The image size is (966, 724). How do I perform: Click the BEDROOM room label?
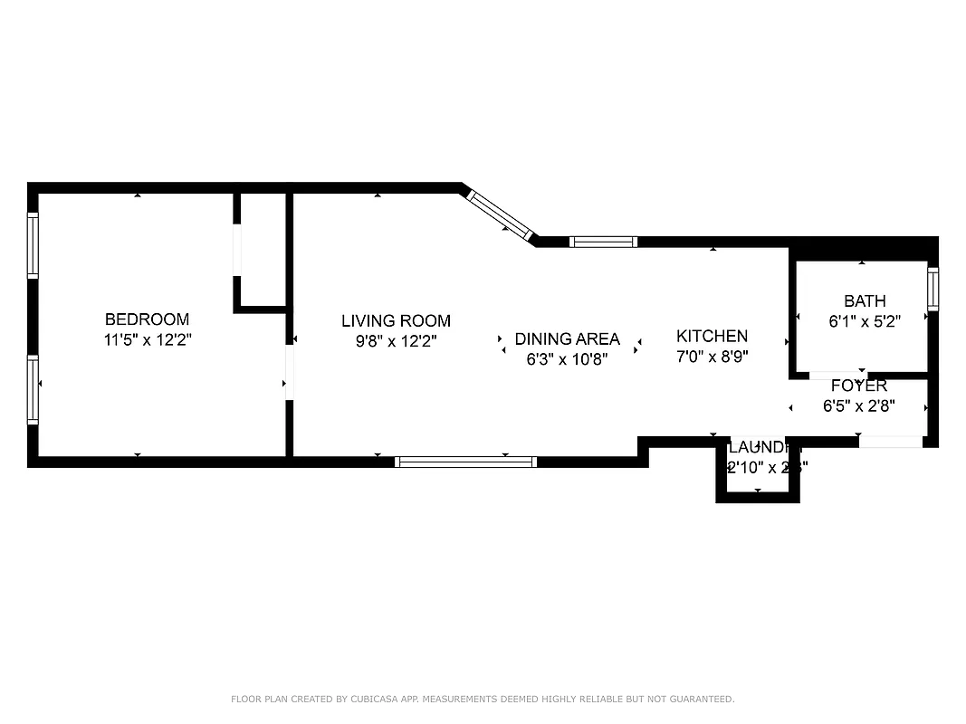[x=147, y=319]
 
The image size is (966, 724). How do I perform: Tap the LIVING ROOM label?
[x=396, y=321]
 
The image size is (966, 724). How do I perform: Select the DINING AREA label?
[x=567, y=339]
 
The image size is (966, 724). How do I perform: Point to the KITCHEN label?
[x=712, y=337]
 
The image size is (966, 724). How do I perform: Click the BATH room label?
[x=864, y=301]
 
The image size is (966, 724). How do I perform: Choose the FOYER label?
[x=858, y=386]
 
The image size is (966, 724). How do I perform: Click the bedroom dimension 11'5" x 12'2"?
[x=147, y=340]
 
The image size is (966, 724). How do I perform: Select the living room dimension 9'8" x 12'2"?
[x=396, y=341]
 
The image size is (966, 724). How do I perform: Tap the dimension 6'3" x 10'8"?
[x=567, y=359]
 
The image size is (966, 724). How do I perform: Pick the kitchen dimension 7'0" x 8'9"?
[x=712, y=357]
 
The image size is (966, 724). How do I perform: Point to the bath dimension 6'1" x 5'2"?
[x=864, y=321]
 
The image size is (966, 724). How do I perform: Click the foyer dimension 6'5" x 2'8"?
[x=858, y=406]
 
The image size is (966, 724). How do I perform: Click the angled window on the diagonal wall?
[x=499, y=215]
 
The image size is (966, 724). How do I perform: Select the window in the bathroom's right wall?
[x=933, y=289]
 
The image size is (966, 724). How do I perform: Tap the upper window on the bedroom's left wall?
[x=33, y=244]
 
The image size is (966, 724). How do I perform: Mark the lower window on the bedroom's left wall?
[x=33, y=389]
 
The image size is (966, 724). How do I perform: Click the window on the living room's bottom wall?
[x=465, y=462]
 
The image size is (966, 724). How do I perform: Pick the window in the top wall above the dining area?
[x=603, y=242]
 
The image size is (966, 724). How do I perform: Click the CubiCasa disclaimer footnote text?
[x=483, y=699]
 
